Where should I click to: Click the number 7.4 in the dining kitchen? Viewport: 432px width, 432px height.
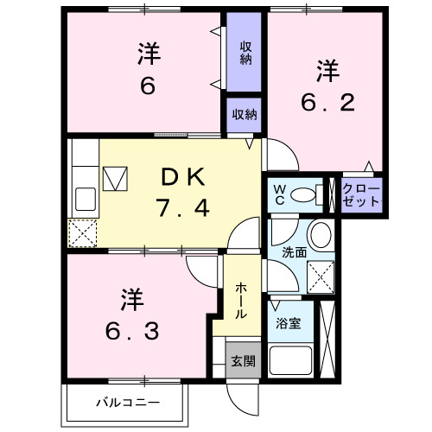183,208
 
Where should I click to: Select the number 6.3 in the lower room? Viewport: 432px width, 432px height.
130,331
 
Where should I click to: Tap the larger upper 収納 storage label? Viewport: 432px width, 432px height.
245,53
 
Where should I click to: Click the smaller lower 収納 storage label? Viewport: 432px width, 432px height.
245,114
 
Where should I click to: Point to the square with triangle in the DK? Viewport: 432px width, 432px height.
116,180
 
